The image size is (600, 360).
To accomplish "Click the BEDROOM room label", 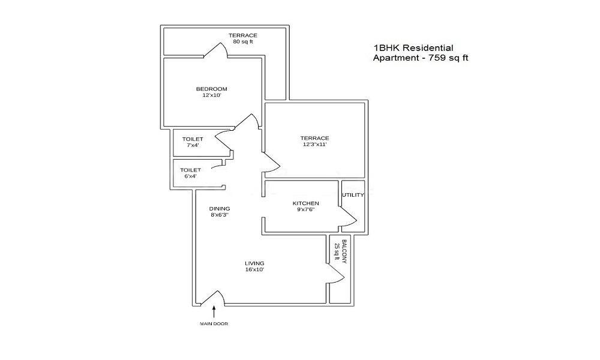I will pos(211,89).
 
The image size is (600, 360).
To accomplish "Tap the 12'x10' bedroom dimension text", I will pos(211,95).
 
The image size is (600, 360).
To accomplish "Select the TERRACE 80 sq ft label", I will pos(242,39).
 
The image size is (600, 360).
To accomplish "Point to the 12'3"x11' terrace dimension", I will pos(314,144).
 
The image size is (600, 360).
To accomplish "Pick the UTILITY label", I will pos(353,195).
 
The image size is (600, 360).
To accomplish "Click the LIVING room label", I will pos(254,263).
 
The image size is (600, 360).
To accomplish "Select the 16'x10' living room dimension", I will pos(254,269).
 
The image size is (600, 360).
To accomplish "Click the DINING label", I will pos(220,208).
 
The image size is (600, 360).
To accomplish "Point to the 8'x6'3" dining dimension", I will pos(220,214).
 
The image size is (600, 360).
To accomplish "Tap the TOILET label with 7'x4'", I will pos(193,139).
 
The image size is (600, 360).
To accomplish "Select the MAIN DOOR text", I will pos(214,324).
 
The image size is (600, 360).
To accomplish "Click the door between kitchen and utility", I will pos(348,216).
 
